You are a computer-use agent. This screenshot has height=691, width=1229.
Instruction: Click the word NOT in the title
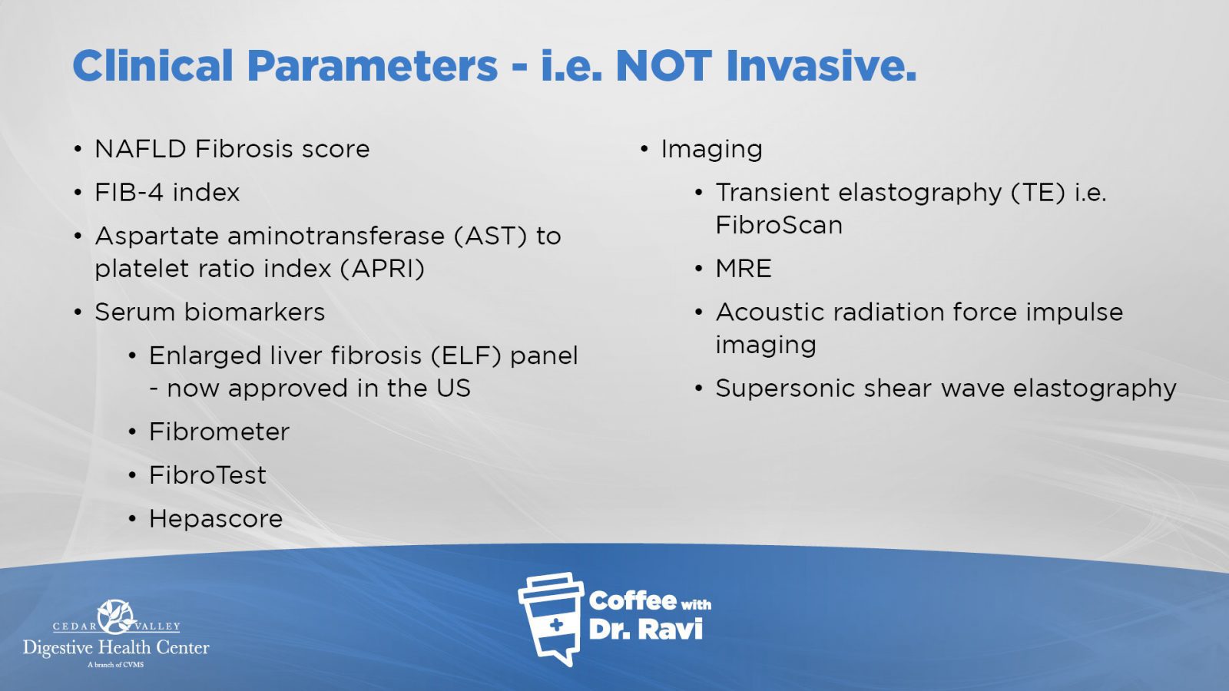[664, 66]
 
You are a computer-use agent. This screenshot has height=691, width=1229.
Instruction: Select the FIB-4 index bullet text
[167, 193]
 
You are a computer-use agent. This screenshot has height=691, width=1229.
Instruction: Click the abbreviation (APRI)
[382, 269]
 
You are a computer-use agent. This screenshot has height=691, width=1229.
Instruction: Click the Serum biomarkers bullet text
[210, 312]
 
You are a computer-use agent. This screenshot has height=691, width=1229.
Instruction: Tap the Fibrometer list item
[220, 431]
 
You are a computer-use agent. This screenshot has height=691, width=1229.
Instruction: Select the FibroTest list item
[208, 475]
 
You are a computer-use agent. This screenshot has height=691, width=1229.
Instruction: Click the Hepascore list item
[216, 519]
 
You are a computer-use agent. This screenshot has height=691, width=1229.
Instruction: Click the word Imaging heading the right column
[711, 150]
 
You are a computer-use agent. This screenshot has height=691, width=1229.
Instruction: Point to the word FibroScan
[779, 226]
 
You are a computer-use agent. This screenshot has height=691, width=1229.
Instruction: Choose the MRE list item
[744, 269]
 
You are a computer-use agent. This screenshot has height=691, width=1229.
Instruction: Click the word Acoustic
[769, 312]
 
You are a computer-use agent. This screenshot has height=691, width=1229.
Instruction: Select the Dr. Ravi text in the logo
[646, 629]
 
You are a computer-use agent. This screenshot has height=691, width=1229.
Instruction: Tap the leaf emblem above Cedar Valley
[116, 617]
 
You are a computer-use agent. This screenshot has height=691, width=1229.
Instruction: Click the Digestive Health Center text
[116, 648]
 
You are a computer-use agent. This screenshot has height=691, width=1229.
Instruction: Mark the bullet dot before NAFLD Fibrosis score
[78, 150]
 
